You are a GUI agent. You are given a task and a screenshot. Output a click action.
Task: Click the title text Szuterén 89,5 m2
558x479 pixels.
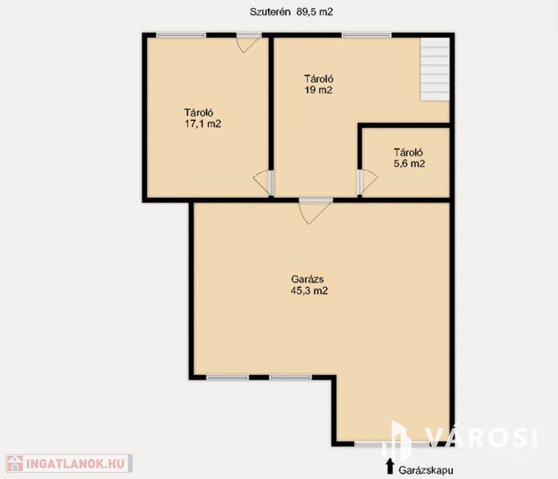291,12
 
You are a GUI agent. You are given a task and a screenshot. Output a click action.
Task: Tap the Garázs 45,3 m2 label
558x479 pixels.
309,285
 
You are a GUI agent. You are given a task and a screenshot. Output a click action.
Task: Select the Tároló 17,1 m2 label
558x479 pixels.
203,118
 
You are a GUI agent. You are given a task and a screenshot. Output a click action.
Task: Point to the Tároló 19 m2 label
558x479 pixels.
319,84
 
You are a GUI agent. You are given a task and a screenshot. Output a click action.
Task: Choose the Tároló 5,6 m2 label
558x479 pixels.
409,158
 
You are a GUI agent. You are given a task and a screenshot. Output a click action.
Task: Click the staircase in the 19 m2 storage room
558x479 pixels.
435,69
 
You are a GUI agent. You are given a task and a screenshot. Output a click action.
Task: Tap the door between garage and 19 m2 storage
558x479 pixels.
315,211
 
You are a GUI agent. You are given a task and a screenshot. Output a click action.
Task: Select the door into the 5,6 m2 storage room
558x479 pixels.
367,182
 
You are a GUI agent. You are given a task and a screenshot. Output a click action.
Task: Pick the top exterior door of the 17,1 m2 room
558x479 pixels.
249,42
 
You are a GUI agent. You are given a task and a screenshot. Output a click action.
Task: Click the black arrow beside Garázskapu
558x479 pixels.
390,466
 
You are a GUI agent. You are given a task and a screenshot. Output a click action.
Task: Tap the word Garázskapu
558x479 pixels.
426,470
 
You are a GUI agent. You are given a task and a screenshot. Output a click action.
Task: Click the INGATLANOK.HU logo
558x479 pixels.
69,463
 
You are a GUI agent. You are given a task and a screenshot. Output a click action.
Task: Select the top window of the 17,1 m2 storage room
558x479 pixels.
181,35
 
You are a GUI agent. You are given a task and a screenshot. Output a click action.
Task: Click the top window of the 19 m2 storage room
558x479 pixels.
367,35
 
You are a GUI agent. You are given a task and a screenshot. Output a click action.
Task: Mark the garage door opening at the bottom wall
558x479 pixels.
392,444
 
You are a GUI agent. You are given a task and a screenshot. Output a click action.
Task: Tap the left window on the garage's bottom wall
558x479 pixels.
228,377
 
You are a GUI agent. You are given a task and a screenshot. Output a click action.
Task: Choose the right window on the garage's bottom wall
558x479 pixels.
291,377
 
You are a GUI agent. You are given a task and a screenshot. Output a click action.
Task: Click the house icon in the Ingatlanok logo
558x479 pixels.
15,463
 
